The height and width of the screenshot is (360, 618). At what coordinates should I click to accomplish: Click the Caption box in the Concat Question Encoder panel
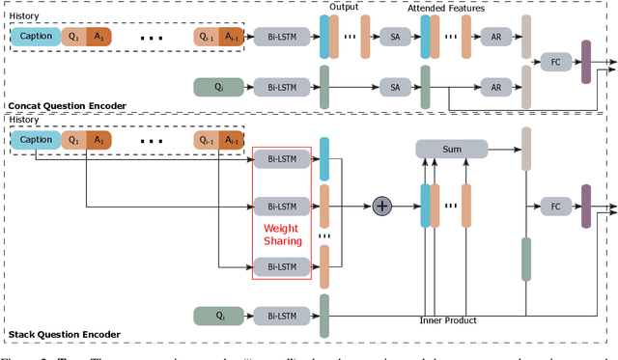35,37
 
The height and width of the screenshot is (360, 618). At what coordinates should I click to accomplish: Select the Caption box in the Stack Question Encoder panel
35,141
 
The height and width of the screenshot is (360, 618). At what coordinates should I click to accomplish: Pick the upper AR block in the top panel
495,37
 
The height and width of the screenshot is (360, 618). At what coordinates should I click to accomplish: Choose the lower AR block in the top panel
495,87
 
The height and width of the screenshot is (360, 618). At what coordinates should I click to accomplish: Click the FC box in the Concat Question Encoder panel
554,62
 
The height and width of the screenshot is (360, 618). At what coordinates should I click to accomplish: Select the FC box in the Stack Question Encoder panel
554,207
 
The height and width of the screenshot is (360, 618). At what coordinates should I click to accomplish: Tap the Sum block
451,149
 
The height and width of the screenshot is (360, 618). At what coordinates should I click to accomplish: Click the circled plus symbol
382,206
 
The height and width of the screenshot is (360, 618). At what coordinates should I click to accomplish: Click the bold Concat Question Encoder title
67,104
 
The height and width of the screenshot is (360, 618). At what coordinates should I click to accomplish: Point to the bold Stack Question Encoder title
64,335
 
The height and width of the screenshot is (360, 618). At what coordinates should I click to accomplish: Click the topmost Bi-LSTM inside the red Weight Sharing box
282,157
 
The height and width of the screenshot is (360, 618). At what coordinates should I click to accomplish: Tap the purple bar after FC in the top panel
586,62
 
